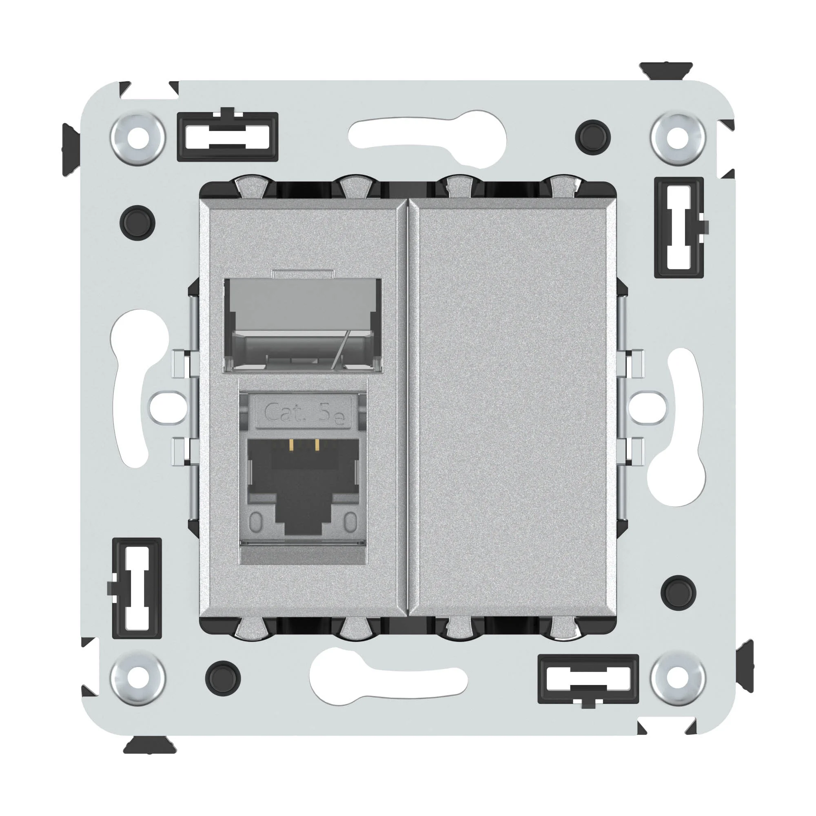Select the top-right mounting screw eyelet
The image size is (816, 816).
[678, 138]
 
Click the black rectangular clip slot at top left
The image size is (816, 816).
[227, 136]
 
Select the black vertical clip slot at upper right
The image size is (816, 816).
[679, 227]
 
